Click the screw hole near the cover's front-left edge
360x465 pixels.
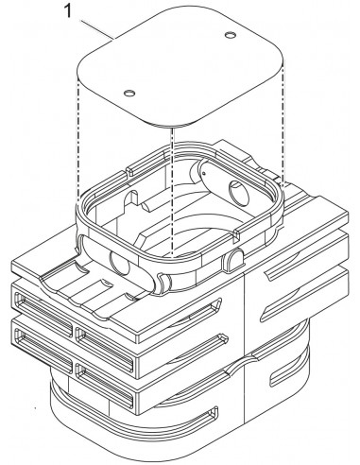click(x=130, y=92)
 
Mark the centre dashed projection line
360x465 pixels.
click(x=171, y=189)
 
